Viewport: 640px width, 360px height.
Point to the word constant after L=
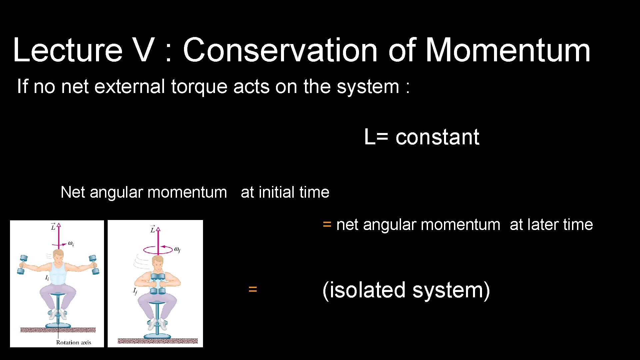point(437,137)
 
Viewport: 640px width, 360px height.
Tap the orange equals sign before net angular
point(327,224)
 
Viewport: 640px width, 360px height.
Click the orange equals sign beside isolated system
point(253,289)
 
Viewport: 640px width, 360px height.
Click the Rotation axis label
point(73,342)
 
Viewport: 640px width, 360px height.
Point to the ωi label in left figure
point(71,243)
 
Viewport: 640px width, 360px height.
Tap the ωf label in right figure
point(177,249)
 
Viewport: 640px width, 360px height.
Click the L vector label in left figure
point(53,227)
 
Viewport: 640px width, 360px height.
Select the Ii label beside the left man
point(47,278)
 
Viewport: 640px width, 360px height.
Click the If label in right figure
point(135,291)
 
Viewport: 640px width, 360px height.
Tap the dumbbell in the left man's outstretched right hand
point(23,265)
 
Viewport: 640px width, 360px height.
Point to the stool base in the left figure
point(58,325)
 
